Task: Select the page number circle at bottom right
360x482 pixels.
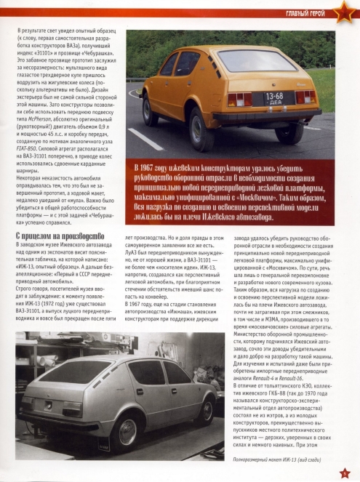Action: (x=345, y=472)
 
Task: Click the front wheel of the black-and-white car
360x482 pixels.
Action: (x=206, y=409)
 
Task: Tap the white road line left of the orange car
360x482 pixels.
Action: (x=145, y=139)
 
